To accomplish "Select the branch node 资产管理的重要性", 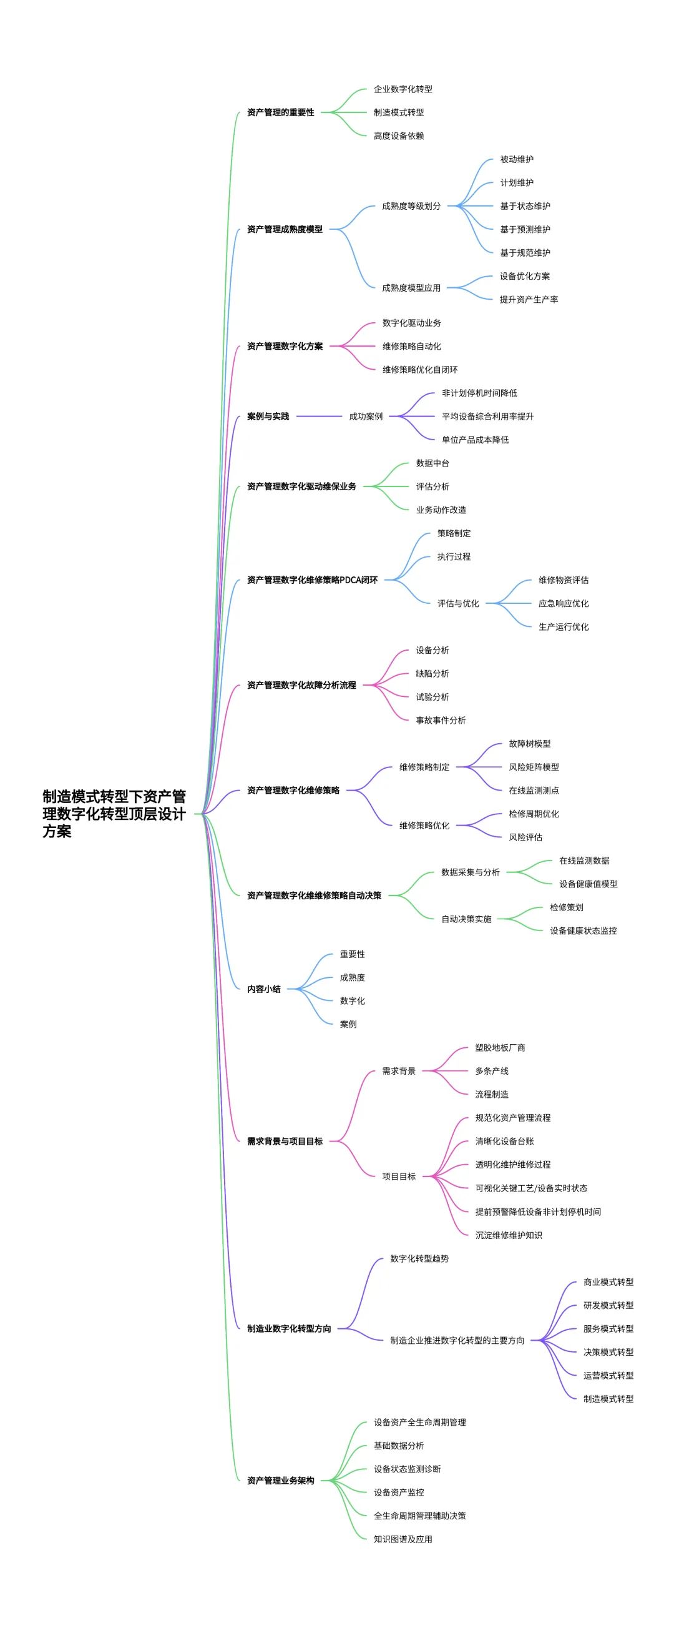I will click(x=280, y=112).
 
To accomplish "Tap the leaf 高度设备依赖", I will click(x=399, y=136).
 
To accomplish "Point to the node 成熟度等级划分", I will click(x=411, y=206).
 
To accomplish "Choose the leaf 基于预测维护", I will click(x=525, y=229).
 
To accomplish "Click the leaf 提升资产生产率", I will click(x=529, y=300).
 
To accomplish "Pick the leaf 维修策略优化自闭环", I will click(x=420, y=370).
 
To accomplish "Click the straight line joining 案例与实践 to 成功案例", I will click(x=318, y=417).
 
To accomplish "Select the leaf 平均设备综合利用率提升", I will click(x=487, y=417).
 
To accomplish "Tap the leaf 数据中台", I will click(x=432, y=463).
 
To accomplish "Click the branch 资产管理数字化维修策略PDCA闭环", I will click(x=312, y=580).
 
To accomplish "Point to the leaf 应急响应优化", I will click(x=564, y=603).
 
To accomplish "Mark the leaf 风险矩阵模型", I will click(x=534, y=767).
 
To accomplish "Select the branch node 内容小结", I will click(x=264, y=989).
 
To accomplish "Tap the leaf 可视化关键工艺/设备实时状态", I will click(x=531, y=1188).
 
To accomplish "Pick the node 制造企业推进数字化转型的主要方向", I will click(x=457, y=1341).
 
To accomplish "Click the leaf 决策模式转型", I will click(x=608, y=1353).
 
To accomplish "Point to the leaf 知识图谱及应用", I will click(x=403, y=1539).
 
